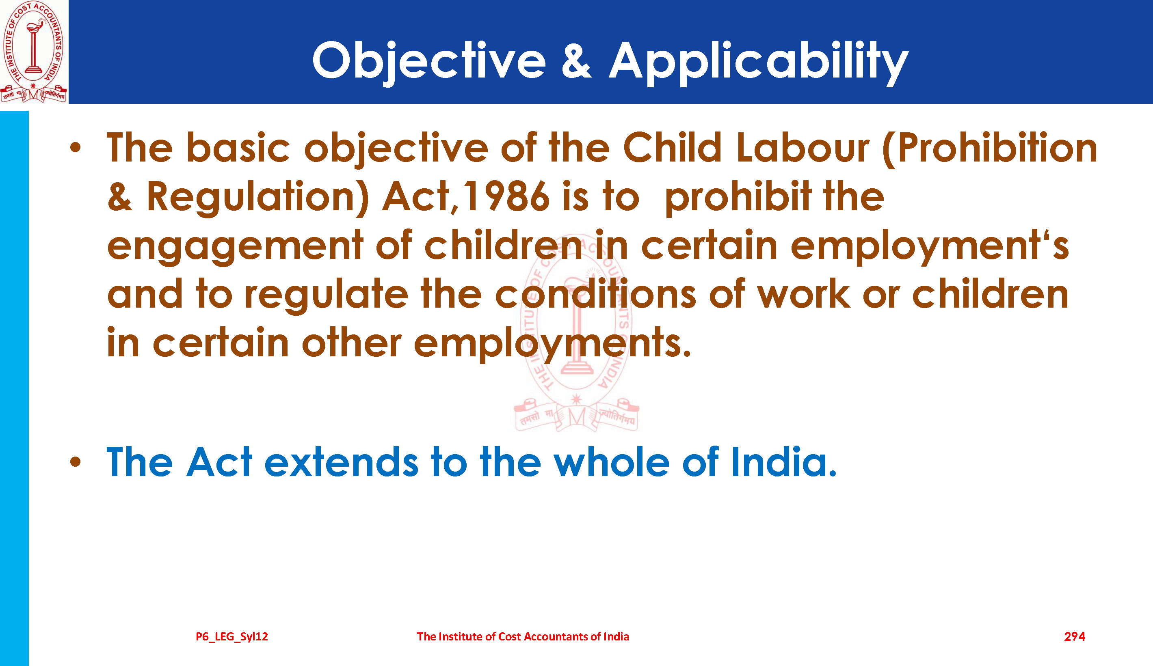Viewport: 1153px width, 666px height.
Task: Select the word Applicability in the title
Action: coord(759,62)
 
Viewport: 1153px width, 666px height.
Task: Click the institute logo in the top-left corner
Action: coord(34,51)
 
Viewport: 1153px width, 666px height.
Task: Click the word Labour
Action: coord(803,147)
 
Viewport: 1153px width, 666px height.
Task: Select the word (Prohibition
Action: coord(990,148)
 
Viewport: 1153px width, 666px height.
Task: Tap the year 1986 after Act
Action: coord(506,196)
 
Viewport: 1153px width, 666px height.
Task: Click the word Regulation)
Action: coord(257,198)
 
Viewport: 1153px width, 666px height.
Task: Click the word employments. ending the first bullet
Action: coord(552,344)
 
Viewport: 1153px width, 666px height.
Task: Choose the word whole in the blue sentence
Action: coord(612,462)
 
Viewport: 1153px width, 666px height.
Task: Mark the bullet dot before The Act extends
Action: coord(76,462)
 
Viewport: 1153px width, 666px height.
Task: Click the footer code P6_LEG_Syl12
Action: coord(232,636)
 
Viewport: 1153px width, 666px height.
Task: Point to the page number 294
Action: coord(1074,636)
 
